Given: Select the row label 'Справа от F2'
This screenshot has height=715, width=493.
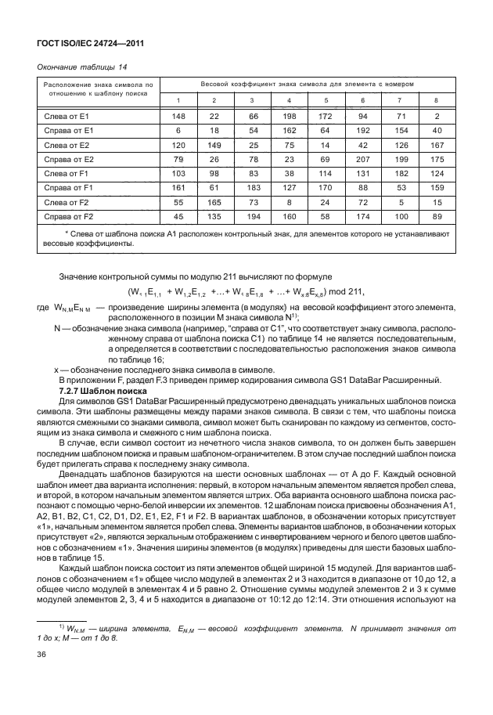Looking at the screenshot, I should [68, 215].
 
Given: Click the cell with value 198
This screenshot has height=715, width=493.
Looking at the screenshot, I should [290, 116].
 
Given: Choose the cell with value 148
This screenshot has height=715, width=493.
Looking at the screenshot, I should [178, 116].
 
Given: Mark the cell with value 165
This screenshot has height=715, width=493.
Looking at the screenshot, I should [214, 201].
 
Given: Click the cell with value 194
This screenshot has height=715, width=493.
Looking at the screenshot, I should [251, 215].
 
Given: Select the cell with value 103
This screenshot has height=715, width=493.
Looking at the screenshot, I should [178, 173].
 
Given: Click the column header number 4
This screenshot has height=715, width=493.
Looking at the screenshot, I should [290, 99].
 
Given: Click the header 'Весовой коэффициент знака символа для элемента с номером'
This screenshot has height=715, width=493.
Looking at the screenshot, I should [306, 83].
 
